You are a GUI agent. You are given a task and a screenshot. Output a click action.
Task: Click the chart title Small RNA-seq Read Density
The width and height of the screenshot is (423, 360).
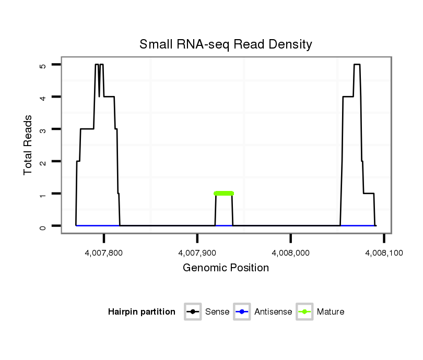pyautogui.click(x=226, y=44)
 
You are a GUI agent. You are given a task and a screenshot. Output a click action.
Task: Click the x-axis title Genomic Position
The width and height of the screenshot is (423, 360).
pyautogui.click(x=226, y=268)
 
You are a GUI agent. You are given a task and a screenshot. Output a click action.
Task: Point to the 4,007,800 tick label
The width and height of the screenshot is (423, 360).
pyautogui.click(x=104, y=253)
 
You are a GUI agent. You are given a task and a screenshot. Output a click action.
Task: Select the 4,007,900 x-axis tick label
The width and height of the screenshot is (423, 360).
pyautogui.click(x=197, y=253)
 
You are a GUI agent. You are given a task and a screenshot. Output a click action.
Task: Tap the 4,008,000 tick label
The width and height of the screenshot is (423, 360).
pyautogui.click(x=291, y=253)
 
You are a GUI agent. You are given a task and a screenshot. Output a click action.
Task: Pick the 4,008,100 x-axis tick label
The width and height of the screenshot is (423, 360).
pyautogui.click(x=384, y=253)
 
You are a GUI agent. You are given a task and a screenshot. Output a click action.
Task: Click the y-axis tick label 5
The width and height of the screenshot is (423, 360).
pyautogui.click(x=43, y=65)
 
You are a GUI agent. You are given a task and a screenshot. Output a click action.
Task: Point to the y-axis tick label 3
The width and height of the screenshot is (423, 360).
pyautogui.click(x=43, y=129)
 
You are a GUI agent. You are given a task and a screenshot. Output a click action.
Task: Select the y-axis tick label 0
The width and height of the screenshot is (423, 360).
pyautogui.click(x=43, y=226)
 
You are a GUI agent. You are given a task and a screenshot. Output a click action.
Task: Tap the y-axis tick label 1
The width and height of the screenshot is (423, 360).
pyautogui.click(x=43, y=194)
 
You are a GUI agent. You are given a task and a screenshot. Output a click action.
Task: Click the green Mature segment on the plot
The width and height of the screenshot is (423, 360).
pyautogui.click(x=224, y=194)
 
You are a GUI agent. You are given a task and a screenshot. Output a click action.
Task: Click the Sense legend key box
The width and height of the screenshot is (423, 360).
pyautogui.click(x=193, y=312)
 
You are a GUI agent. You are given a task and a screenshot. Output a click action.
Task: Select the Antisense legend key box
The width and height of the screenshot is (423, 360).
pyautogui.click(x=242, y=312)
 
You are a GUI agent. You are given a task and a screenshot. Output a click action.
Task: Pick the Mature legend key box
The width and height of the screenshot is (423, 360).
pyautogui.click(x=304, y=312)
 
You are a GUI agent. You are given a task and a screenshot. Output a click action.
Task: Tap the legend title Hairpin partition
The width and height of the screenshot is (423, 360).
pyautogui.click(x=142, y=312)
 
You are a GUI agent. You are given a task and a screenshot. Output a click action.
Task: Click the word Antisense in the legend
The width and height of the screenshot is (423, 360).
pyautogui.click(x=273, y=312)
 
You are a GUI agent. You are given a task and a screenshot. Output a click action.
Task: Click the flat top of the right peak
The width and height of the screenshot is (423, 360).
pyautogui.click(x=357, y=65)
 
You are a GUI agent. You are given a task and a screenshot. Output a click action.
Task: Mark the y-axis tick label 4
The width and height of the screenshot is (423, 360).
pyautogui.click(x=43, y=97)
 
